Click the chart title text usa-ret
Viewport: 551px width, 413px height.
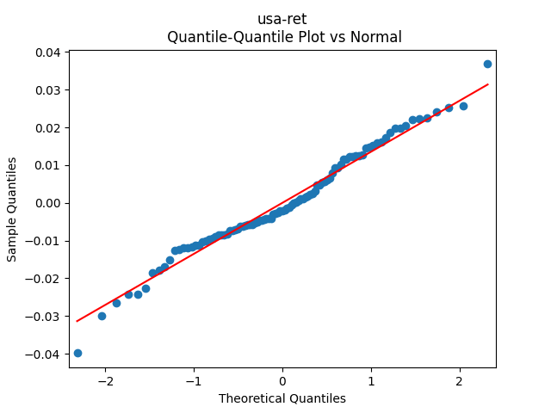click(x=282, y=19)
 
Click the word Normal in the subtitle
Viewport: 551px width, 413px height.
click(x=375, y=37)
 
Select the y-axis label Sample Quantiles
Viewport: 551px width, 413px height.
click(x=12, y=209)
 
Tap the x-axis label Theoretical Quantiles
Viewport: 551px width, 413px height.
click(x=282, y=398)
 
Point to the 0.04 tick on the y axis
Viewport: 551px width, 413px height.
click(x=47, y=52)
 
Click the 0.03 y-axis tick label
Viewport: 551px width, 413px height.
click(x=47, y=90)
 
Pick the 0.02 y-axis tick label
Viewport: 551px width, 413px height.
click(x=47, y=128)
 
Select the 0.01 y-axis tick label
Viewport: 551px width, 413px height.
click(x=47, y=165)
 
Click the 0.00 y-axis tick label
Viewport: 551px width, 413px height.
click(x=47, y=203)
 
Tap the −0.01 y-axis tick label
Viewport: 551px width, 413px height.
click(x=44, y=241)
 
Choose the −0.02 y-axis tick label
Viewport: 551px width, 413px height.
click(x=44, y=279)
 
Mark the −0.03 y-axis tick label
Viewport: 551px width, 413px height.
click(x=44, y=317)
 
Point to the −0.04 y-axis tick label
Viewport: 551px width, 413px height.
click(x=44, y=354)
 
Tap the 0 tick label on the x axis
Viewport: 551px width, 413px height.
click(x=282, y=381)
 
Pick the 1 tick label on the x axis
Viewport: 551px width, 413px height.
click(x=371, y=381)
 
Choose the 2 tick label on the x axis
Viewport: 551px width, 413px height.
click(x=460, y=381)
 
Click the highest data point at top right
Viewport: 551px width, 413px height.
click(x=487, y=64)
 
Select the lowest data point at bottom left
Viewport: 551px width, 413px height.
click(x=77, y=353)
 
